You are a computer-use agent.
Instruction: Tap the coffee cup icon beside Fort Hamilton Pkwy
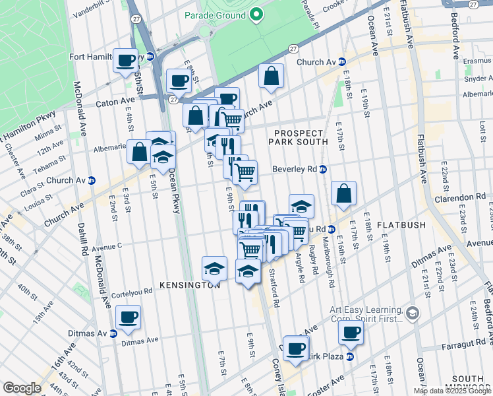point(125,61)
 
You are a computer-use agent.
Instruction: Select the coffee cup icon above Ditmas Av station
point(128,317)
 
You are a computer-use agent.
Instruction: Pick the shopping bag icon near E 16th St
point(343,193)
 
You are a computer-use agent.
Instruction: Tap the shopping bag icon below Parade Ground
point(271,76)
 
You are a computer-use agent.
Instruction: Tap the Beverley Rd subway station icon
point(323,169)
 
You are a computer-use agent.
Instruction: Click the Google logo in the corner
point(22,387)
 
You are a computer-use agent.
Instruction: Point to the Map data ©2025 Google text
point(451,391)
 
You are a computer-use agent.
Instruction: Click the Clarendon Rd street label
point(459,197)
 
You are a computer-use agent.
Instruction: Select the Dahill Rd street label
point(84,240)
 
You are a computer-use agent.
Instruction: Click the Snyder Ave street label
point(478,78)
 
